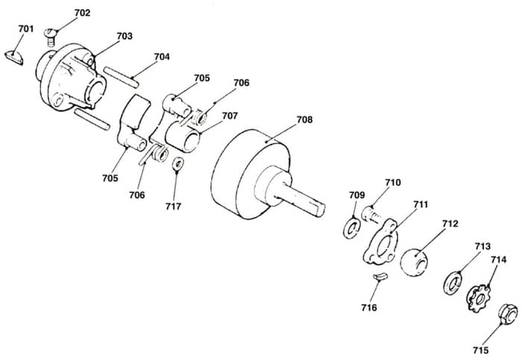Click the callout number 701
pos(26,29)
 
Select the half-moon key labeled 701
pos(14,57)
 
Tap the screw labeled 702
pos(50,37)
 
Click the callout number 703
pos(125,36)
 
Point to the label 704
pos(162,57)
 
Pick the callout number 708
pos(304,119)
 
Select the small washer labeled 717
pos(179,164)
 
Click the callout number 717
pos(173,206)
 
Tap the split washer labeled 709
pos(351,227)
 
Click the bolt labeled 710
pos(371,215)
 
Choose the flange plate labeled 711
pos(380,241)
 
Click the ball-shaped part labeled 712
pos(414,262)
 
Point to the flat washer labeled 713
pos(453,283)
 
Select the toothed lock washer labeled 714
pos(479,297)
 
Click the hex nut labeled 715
pos(508,314)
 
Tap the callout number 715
pos(481,350)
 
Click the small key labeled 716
pos(380,277)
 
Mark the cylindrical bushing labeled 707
pos(183,136)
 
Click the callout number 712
pos(450,224)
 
